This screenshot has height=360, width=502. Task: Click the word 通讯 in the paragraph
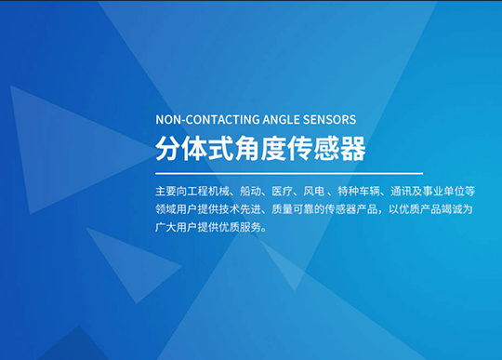(x=413, y=190)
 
